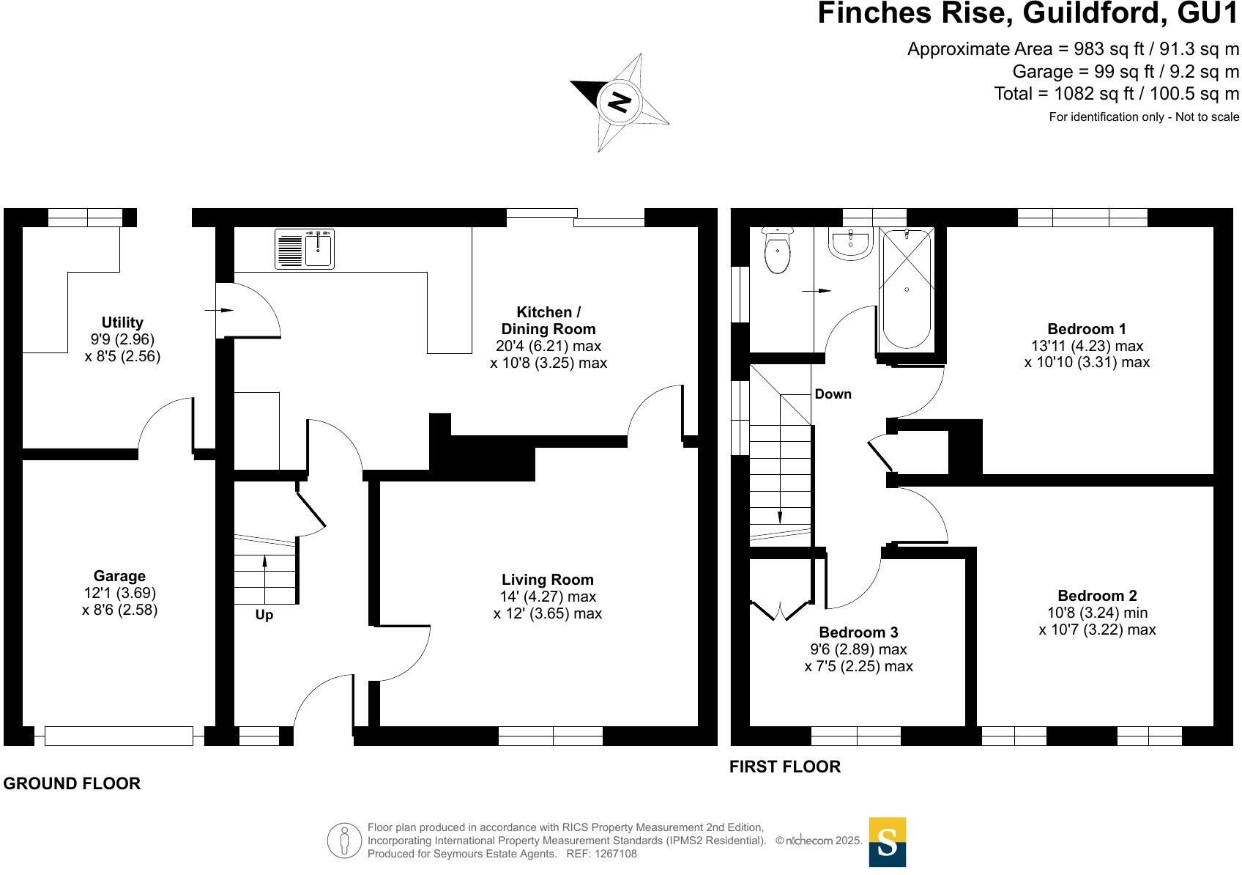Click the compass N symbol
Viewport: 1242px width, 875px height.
click(x=620, y=101)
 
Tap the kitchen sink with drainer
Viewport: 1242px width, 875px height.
click(x=305, y=249)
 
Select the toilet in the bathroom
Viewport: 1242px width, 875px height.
click(x=777, y=251)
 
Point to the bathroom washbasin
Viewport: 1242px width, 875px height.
click(x=850, y=243)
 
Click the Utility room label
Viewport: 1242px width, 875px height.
click(x=122, y=322)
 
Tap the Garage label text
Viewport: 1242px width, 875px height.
click(x=119, y=576)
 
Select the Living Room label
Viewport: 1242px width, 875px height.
click(x=548, y=580)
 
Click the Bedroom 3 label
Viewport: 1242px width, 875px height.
click(x=858, y=632)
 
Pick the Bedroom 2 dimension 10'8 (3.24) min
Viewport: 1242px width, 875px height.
click(x=1097, y=613)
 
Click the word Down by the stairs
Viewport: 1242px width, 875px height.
click(x=833, y=394)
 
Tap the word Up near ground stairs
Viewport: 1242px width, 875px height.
click(x=264, y=615)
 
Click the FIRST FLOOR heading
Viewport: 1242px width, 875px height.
click(x=785, y=767)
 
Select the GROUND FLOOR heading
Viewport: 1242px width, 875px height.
click(x=72, y=784)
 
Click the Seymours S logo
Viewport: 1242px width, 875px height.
click(x=888, y=842)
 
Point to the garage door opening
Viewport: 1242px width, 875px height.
click(x=119, y=736)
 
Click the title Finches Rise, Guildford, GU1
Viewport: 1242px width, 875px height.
click(x=1028, y=14)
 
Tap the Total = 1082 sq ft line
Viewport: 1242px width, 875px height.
click(x=1116, y=94)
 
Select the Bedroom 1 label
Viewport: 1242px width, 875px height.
click(x=1087, y=329)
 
